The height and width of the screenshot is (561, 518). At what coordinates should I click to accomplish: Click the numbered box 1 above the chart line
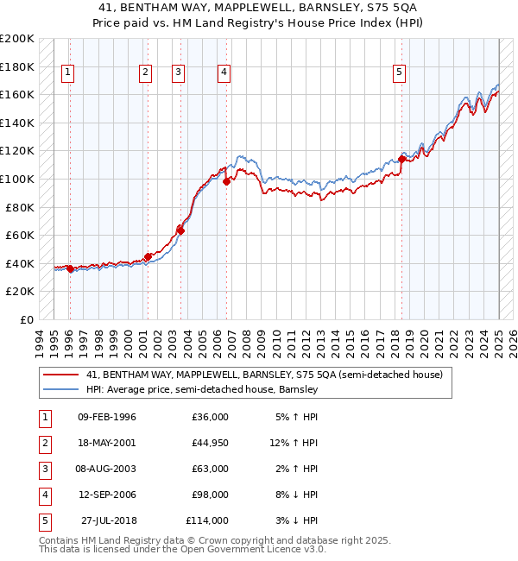[67, 73]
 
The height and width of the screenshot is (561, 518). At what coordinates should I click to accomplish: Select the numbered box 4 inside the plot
[224, 73]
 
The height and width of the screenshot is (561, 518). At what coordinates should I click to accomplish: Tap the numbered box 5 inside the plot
[400, 73]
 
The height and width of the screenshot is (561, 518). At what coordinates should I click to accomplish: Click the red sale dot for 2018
[402, 159]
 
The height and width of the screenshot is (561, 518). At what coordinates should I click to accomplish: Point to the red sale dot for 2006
[226, 181]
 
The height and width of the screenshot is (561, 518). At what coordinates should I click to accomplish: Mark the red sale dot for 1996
[70, 268]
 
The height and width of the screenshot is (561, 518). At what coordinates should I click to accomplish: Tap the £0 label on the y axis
[26, 320]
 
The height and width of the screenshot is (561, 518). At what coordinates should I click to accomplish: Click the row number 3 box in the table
[43, 469]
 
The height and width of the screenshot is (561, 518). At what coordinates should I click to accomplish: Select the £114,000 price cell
[207, 520]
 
